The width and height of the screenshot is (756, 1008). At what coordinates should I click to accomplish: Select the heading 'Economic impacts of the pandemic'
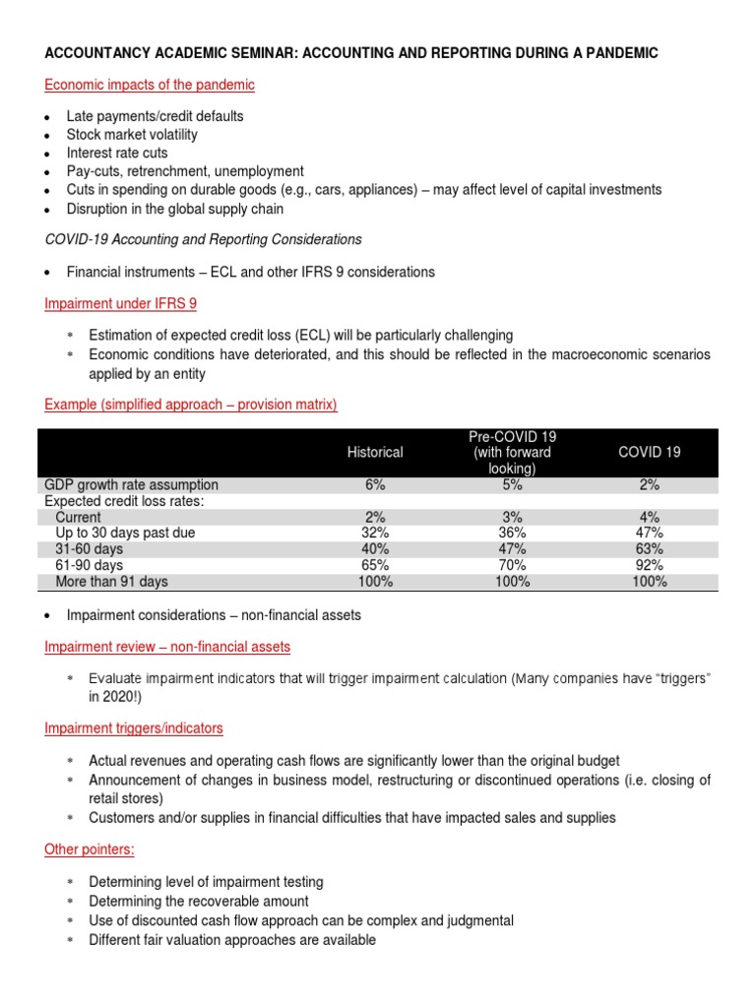click(x=150, y=85)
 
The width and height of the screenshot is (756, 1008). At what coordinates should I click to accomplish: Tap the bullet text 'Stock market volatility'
click(x=132, y=134)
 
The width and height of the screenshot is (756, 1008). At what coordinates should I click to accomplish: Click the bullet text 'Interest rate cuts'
click(x=117, y=153)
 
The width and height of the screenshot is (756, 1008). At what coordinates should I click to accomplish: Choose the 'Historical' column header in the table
click(x=375, y=452)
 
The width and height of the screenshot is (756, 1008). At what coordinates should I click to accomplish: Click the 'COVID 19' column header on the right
click(x=649, y=452)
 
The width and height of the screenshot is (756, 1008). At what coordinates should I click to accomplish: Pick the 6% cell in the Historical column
click(x=375, y=484)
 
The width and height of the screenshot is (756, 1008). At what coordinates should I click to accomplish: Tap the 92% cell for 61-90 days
click(x=649, y=565)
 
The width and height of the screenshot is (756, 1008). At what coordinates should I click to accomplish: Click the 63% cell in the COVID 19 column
click(x=649, y=549)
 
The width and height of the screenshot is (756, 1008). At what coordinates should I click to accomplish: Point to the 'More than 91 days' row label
click(x=111, y=582)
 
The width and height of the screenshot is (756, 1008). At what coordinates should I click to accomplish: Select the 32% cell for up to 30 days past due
click(x=375, y=533)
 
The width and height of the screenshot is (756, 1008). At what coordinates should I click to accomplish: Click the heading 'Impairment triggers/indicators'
click(x=134, y=727)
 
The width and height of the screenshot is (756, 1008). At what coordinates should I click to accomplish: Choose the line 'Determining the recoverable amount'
click(x=198, y=901)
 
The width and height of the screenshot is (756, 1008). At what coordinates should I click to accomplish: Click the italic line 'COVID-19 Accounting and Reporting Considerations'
click(x=204, y=239)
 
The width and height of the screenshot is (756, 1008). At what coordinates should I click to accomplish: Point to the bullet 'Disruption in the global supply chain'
click(x=175, y=208)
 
